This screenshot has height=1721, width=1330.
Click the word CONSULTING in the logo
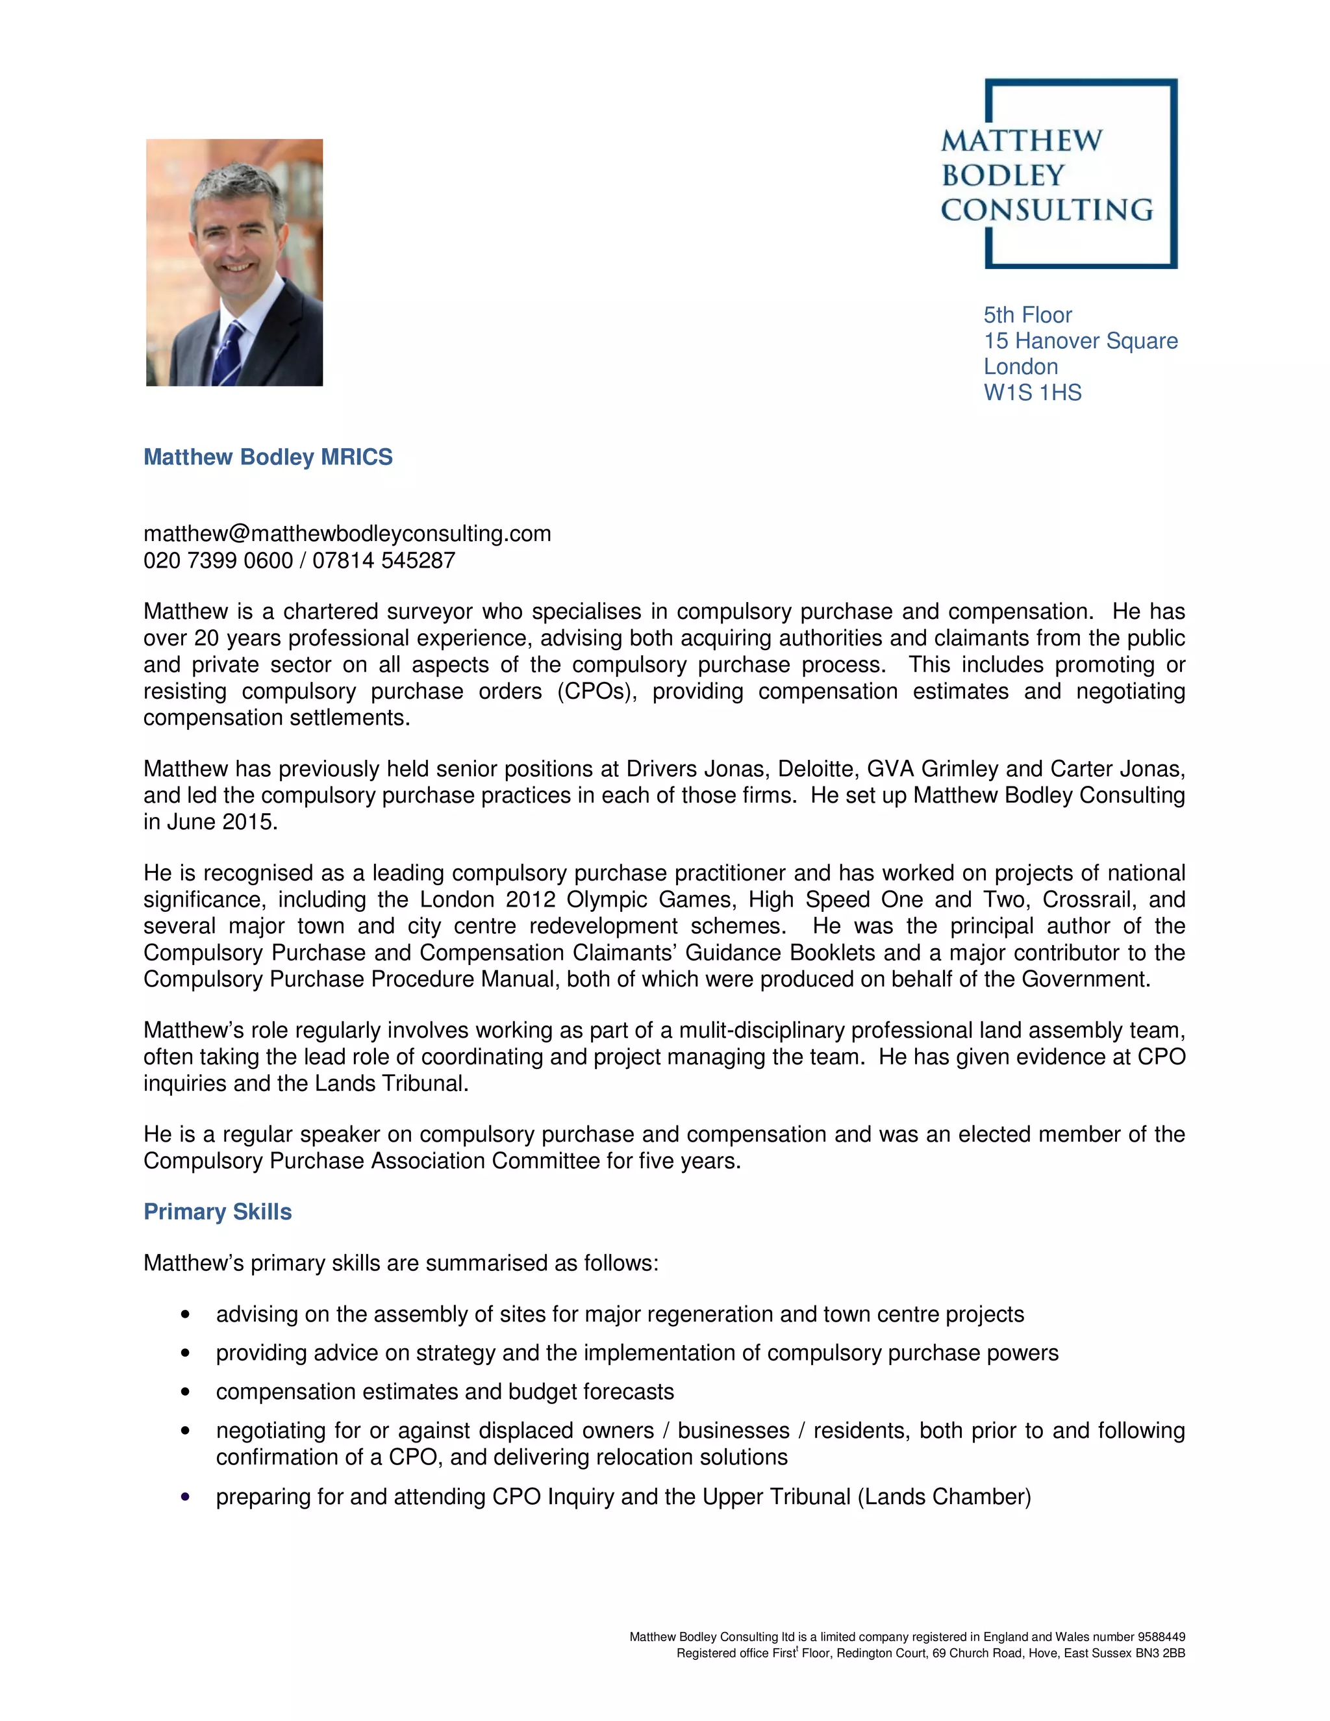1046,210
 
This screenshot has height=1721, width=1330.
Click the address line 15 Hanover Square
1080,340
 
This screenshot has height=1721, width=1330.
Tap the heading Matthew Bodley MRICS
268,457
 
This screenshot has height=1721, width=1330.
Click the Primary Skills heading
218,1211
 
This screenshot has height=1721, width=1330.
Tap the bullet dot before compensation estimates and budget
185,1392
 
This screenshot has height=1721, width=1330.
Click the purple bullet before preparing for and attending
185,1496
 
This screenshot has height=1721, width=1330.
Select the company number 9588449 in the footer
1160,1637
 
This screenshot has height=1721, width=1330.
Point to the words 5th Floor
1027,315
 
